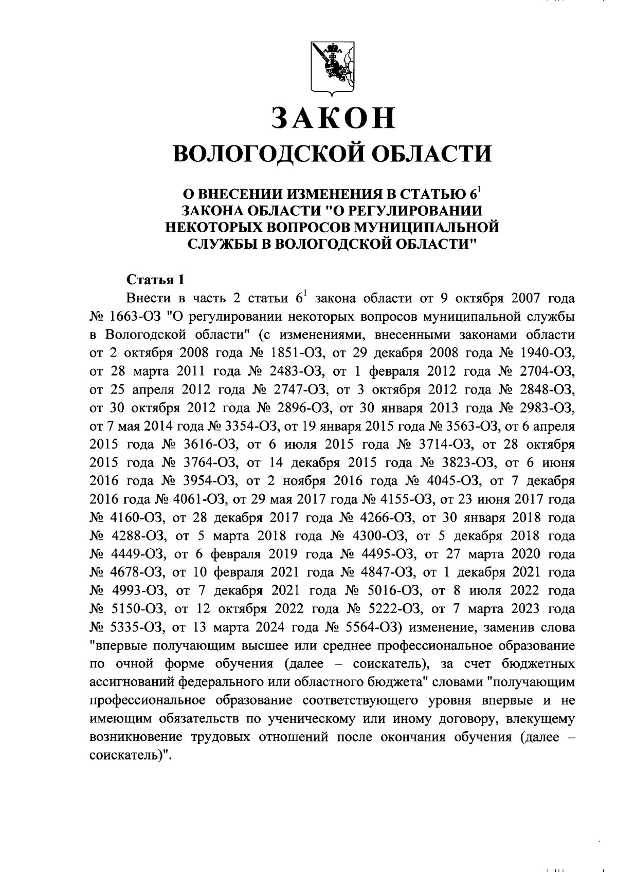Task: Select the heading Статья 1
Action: pos(155,280)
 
